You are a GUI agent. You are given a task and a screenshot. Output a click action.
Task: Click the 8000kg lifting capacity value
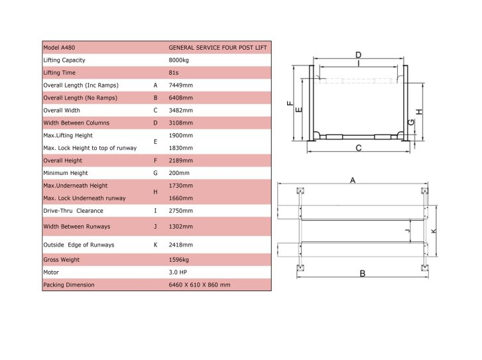tap(178, 60)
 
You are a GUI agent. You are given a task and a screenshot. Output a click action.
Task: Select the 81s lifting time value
tap(173, 72)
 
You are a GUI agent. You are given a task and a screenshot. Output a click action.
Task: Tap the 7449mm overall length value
tap(181, 85)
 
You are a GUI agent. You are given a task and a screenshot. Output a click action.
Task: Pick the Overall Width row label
tap(62, 110)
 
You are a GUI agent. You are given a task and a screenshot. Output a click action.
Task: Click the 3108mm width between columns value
tap(181, 123)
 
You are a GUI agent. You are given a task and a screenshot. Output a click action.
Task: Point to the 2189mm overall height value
tap(181, 160)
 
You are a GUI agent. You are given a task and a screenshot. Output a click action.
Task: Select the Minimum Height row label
tap(66, 173)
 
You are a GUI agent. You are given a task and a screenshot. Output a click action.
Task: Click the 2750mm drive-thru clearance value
tap(181, 211)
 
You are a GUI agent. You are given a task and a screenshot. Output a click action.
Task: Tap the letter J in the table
tap(155, 227)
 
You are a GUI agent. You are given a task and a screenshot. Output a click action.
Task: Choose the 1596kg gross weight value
tap(178, 260)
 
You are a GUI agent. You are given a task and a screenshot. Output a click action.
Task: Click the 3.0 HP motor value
tap(178, 272)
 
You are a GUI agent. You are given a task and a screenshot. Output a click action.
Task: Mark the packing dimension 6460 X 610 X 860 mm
tap(199, 284)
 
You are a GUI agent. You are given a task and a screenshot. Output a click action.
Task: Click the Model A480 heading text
tap(59, 48)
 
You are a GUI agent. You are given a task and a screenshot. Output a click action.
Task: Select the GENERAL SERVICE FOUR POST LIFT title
tap(217, 48)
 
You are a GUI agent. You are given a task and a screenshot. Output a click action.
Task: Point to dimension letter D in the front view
tap(359, 55)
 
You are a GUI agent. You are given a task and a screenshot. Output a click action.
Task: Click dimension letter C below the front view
tap(359, 149)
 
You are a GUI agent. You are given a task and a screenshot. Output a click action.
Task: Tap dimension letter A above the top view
tap(353, 180)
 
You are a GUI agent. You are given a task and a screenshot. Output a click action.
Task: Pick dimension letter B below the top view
tap(363, 273)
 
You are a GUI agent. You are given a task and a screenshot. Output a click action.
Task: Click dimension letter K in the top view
tap(434, 231)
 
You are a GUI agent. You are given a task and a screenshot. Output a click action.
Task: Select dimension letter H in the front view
tap(419, 111)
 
